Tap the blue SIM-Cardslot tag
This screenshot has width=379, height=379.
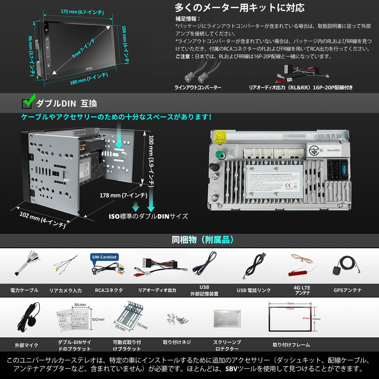(x=104, y=257)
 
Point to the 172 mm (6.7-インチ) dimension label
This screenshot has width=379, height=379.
(x=82, y=12)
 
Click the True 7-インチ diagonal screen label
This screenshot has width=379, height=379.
(x=83, y=49)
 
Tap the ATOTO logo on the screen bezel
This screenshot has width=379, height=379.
(x=89, y=68)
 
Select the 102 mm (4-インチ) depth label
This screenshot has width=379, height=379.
(x=42, y=219)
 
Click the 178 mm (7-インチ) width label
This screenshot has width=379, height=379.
(x=123, y=195)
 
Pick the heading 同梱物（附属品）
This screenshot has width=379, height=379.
(x=203, y=240)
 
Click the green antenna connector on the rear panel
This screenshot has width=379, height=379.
(x=221, y=155)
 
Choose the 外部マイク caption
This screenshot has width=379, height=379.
(x=27, y=345)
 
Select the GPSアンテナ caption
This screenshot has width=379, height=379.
(x=347, y=290)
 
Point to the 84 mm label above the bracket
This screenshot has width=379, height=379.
(x=80, y=305)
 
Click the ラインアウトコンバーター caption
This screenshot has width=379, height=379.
(x=198, y=87)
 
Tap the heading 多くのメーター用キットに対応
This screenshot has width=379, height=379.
(x=239, y=8)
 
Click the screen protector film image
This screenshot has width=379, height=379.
(x=227, y=318)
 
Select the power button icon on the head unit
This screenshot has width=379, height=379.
(x=47, y=30)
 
